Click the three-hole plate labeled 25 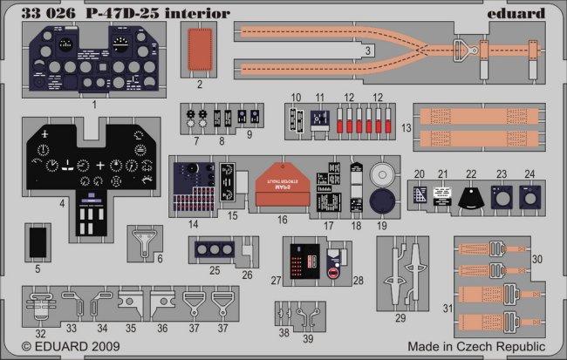point(213,248)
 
